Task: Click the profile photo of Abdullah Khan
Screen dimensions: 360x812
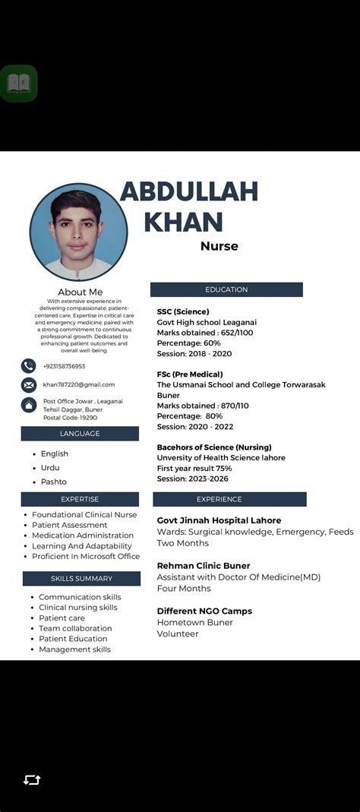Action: [78, 232]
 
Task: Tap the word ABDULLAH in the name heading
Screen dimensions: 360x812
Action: [189, 192]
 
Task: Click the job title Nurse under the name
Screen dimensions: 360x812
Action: [219, 246]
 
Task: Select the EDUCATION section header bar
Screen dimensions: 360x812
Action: [226, 289]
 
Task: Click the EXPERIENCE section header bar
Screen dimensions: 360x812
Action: [229, 499]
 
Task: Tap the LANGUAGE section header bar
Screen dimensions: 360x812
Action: [80, 434]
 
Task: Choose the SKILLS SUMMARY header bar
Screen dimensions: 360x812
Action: [81, 579]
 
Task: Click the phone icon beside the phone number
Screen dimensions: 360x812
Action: [29, 366]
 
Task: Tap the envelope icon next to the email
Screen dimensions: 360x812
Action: [29, 385]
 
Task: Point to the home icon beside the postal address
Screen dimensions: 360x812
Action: [29, 405]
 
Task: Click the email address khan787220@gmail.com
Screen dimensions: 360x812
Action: [79, 384]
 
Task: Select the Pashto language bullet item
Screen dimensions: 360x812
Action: [54, 482]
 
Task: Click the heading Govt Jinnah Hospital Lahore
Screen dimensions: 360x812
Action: [219, 520]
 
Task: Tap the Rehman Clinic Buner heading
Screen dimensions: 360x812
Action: [204, 566]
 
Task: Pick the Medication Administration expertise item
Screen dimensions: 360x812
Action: [83, 536]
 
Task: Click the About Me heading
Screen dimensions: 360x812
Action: [80, 292]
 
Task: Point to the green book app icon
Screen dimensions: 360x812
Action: [18, 83]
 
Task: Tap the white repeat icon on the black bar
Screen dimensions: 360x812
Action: [32, 780]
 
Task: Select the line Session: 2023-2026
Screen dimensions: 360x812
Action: [193, 479]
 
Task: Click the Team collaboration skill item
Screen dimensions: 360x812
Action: [75, 628]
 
